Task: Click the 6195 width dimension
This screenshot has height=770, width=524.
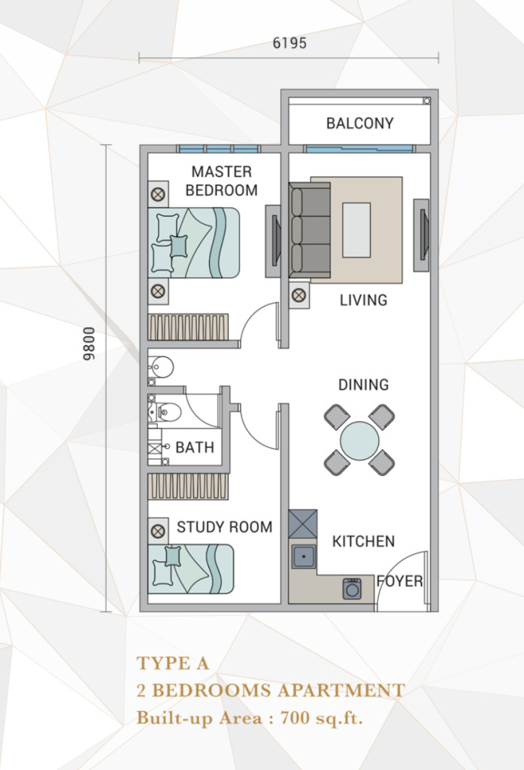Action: click(289, 43)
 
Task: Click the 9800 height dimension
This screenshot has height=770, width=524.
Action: click(89, 344)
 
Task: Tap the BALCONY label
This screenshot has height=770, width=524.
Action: click(360, 123)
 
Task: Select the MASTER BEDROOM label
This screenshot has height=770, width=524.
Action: click(222, 180)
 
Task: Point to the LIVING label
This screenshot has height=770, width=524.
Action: click(363, 299)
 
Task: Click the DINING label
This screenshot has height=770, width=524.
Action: click(363, 384)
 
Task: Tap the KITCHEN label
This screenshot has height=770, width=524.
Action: click(363, 541)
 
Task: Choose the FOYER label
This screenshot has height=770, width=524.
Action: click(400, 581)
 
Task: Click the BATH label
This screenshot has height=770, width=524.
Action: click(195, 447)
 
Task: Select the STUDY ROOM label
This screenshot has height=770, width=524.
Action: click(225, 527)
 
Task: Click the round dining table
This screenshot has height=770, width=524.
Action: click(359, 441)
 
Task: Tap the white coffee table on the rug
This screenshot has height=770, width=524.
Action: click(356, 230)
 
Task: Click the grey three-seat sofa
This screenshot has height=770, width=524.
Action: click(310, 230)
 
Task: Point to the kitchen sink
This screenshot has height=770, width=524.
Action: click(304, 557)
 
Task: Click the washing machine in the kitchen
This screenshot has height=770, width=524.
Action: click(352, 588)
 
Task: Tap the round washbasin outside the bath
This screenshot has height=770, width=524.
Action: click(161, 366)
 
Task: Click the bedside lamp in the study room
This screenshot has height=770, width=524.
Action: click(158, 531)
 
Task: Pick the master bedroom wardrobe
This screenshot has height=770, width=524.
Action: click(188, 327)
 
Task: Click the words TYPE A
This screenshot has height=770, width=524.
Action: click(173, 663)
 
